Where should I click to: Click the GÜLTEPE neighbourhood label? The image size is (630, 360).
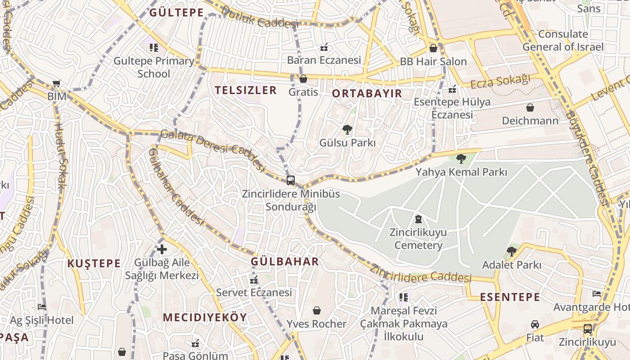point(176,13)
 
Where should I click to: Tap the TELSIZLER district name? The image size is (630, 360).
point(245,90)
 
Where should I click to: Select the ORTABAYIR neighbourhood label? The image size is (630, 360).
point(367,94)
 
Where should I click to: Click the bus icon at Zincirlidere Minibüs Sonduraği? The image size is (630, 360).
point(291,180)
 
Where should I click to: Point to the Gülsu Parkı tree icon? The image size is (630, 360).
point(347,130)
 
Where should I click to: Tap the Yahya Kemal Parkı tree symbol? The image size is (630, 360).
point(461,158)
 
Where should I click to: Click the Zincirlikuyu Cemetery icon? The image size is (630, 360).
point(418,220)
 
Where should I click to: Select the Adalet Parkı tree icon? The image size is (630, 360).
point(511,251)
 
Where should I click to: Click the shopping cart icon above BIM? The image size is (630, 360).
point(57,83)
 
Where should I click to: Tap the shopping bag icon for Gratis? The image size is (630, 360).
point(303,79)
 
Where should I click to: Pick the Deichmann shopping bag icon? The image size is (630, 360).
point(530,108)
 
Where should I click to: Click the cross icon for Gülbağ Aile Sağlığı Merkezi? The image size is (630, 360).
point(162,249)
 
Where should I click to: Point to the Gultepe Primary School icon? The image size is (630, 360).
point(154,47)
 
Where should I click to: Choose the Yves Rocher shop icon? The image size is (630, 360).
point(317,310)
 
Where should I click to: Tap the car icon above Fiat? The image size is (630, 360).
point(535,324)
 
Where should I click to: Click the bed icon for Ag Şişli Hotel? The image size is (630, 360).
point(42,307)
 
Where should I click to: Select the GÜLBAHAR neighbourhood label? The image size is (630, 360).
point(284,261)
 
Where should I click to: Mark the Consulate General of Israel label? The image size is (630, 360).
point(563,40)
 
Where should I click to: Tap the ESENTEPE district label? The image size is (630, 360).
point(510,297)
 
